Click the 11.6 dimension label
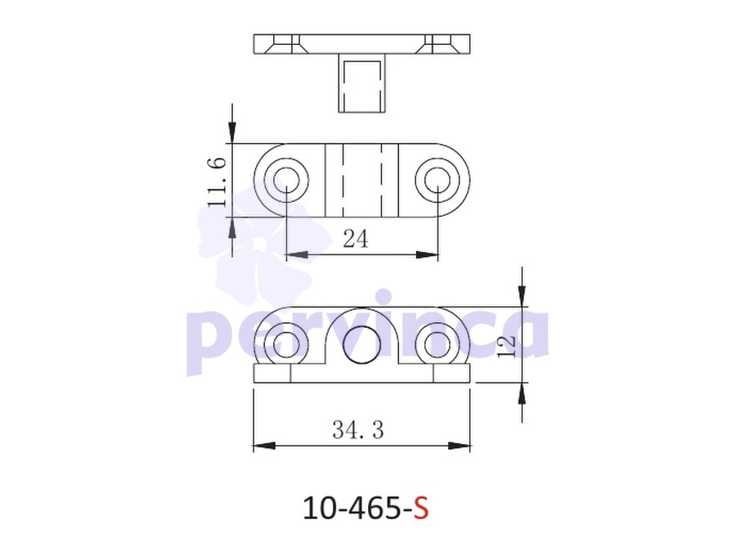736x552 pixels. click(x=217, y=182)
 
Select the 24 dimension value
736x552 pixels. click(x=356, y=239)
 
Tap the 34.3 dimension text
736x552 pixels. click(x=358, y=429)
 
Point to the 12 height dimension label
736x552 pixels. click(x=507, y=347)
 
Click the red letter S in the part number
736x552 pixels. click(x=421, y=508)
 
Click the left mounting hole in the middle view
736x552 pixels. click(x=286, y=181)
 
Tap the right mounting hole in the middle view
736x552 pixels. click(x=438, y=181)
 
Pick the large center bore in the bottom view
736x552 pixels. click(x=361, y=344)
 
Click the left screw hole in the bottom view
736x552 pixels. click(x=286, y=343)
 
